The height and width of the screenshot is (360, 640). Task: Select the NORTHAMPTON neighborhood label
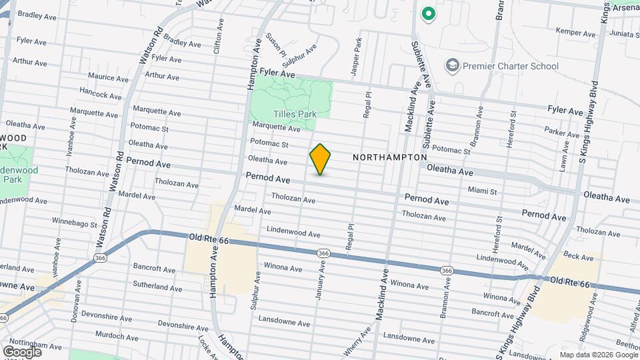tap(389, 157)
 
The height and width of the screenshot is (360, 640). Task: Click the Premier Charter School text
tap(511, 66)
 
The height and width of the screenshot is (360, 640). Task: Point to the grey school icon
tap(453, 65)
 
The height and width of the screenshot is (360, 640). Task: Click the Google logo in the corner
tap(22, 351)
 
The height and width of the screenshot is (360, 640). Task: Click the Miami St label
tap(482, 191)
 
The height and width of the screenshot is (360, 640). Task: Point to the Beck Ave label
tap(573, 255)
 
